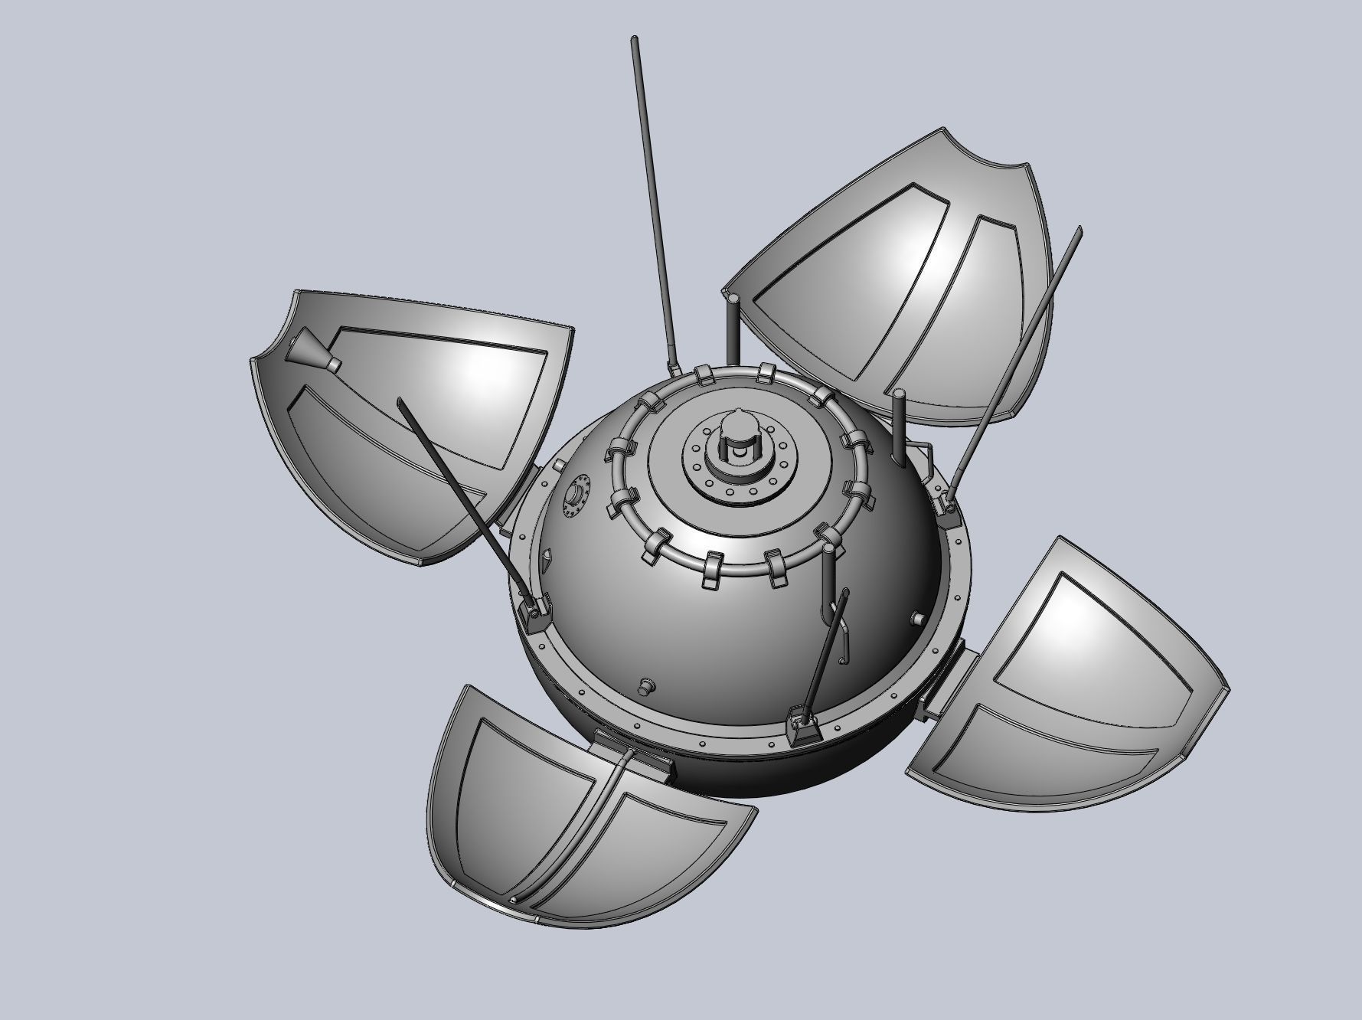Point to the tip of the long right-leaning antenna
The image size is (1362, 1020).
click(1079, 230)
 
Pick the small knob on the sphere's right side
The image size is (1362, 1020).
click(917, 617)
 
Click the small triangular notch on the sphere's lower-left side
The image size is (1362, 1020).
click(545, 563)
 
